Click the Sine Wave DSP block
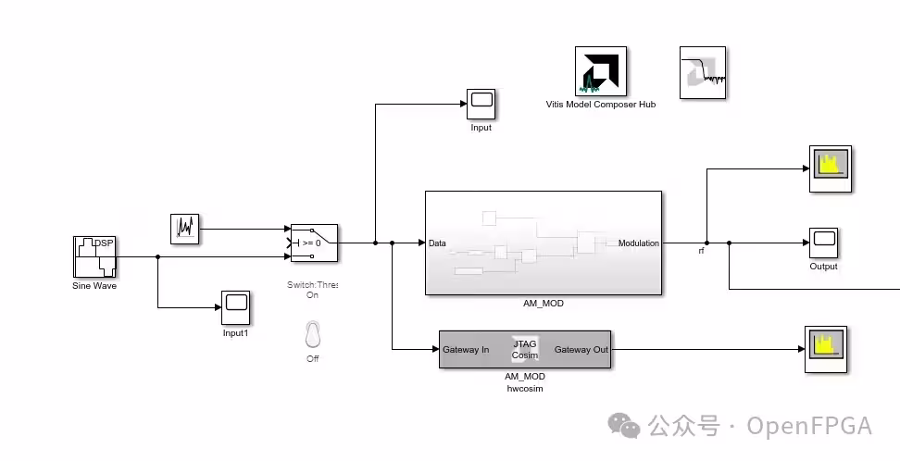pos(94,256)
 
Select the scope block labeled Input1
pos(235,307)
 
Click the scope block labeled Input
pos(481,104)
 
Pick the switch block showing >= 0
pos(314,243)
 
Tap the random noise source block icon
pos(185,229)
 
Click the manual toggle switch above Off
pos(312,334)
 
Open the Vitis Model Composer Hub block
pos(600,71)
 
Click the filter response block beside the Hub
pos(703,72)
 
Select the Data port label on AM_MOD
pos(437,243)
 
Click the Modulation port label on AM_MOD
pos(638,243)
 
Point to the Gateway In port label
pos(466,349)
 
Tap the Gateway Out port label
pos(581,349)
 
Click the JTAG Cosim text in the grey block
pos(525,349)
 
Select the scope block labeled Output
pos(824,243)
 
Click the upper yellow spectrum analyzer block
pos(831,168)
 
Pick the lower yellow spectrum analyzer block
pos(826,349)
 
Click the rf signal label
pos(702,251)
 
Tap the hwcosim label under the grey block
pos(525,389)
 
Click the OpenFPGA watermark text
pos(808,427)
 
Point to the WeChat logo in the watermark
pos(624,426)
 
